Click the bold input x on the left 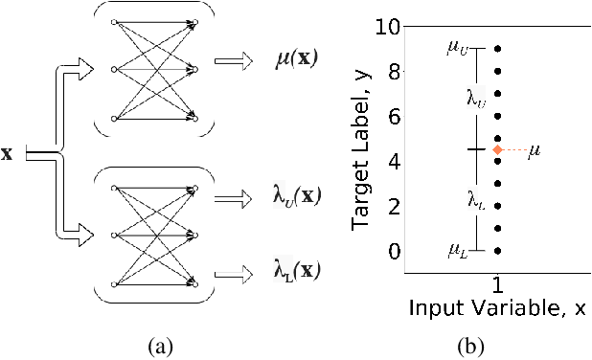click(8, 153)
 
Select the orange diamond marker click(497, 149)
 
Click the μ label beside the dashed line click(535, 150)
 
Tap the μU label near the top click(457, 46)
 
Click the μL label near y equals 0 click(458, 251)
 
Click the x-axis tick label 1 click(498, 285)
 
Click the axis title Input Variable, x click(497, 309)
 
